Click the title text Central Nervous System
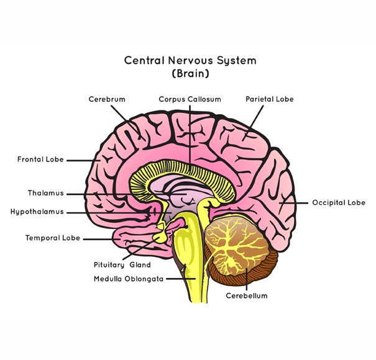tap(190, 61)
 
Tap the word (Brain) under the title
tap(190, 73)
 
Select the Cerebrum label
tap(107, 99)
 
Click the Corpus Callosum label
tap(190, 99)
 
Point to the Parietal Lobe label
tap(269, 99)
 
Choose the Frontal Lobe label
tap(40, 160)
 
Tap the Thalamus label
tap(45, 193)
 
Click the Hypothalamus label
tap(37, 212)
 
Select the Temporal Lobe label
tap(53, 238)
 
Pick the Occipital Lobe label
tap(339, 202)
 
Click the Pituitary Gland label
tap(122, 265)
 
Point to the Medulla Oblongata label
tap(129, 279)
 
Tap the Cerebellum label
tap(247, 296)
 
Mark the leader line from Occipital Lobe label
tap(297, 202)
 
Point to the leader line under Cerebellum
tap(247, 282)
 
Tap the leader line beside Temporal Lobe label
tap(96, 238)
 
